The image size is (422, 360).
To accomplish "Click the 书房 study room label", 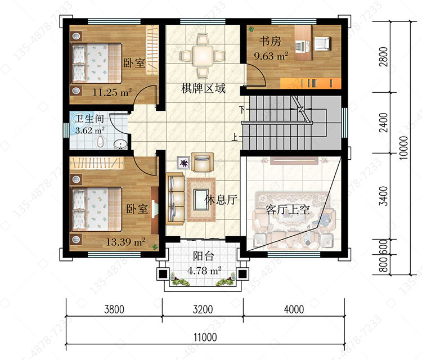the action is [x=270, y=42].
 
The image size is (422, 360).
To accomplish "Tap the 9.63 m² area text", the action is [x=271, y=56].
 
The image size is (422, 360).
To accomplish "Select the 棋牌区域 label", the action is [x=203, y=88].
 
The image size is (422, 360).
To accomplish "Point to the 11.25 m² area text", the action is [x=112, y=93].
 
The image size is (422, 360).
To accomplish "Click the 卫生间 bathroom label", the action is [x=89, y=119].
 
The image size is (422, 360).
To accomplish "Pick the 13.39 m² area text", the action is [x=125, y=242].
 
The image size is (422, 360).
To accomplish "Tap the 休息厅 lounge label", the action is [x=221, y=200].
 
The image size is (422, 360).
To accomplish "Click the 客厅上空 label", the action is [x=288, y=209].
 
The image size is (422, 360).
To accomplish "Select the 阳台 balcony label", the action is [x=203, y=256].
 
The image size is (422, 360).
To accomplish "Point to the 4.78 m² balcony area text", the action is [x=204, y=271].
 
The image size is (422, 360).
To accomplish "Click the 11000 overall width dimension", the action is [x=205, y=337].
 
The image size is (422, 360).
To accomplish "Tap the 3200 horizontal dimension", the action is [x=203, y=309].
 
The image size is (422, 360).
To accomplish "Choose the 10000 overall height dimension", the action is [x=403, y=148].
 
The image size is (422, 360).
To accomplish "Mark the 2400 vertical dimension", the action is [x=383, y=123].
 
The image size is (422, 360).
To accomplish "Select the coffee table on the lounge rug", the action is [x=201, y=199].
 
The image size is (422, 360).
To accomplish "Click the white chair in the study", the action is [x=322, y=43].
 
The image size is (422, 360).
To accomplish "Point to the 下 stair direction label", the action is [x=243, y=110].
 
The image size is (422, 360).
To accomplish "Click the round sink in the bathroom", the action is [x=120, y=145].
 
